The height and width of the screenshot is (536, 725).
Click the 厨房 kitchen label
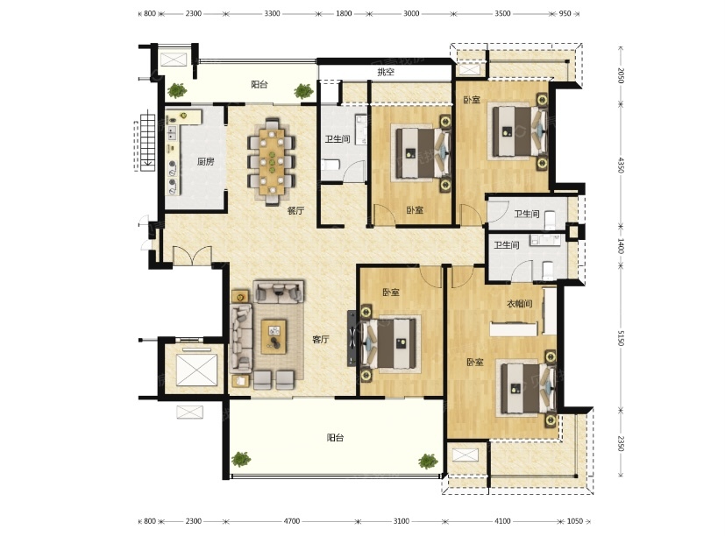(x=206, y=161)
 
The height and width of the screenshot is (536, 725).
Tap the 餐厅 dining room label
(x=295, y=211)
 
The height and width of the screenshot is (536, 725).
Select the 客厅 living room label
(x=321, y=340)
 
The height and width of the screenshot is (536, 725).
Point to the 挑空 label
(x=386, y=72)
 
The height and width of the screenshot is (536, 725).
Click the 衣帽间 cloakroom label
(x=519, y=304)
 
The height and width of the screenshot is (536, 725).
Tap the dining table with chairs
(x=272, y=161)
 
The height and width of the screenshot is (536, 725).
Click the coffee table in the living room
(x=274, y=337)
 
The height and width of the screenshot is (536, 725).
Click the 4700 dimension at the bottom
(x=291, y=521)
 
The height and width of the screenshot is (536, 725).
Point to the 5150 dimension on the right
(x=621, y=338)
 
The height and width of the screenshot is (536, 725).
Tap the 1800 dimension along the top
(x=344, y=13)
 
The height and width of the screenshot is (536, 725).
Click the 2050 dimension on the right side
(x=621, y=75)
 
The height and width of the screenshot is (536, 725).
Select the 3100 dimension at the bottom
(x=401, y=521)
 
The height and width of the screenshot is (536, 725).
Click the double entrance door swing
(x=192, y=256)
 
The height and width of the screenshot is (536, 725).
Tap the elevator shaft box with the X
(x=196, y=370)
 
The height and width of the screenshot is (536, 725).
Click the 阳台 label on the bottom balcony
(x=335, y=438)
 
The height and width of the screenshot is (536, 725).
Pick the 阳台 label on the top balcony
(x=259, y=84)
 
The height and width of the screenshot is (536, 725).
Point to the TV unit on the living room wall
(x=352, y=338)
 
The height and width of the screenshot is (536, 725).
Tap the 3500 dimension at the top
(x=502, y=13)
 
